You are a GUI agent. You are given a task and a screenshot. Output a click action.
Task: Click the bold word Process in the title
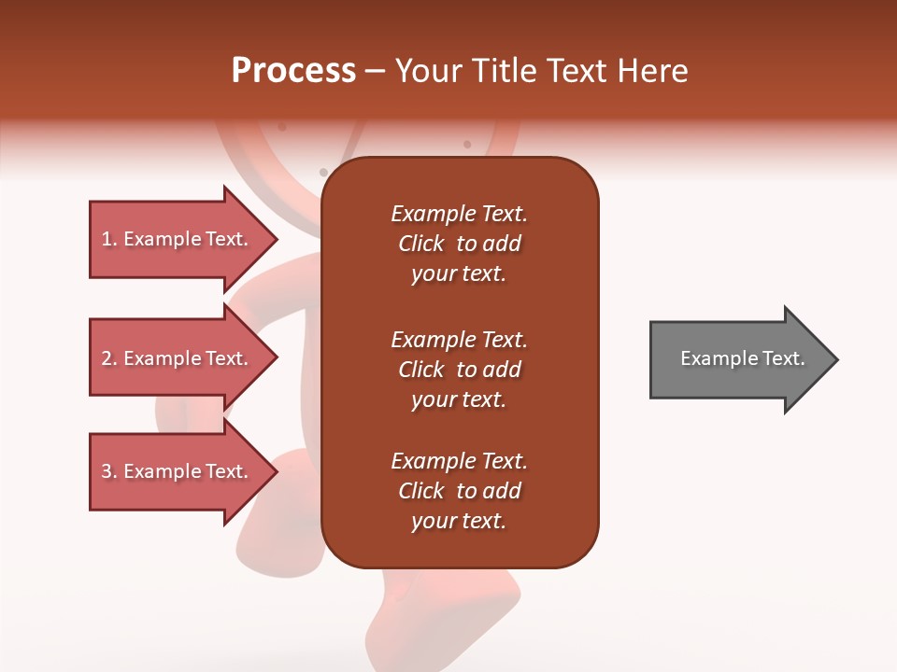click(x=293, y=71)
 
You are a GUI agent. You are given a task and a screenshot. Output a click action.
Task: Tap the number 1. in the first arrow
click(x=109, y=239)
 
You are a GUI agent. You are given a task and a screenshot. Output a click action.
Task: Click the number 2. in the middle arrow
click(x=109, y=358)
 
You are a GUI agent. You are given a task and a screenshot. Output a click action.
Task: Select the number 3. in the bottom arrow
click(x=109, y=471)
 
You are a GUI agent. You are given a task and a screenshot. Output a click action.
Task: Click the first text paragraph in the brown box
click(x=459, y=244)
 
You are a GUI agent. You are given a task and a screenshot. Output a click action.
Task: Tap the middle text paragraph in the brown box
click(x=459, y=370)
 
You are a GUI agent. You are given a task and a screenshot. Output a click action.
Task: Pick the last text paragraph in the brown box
click(x=459, y=491)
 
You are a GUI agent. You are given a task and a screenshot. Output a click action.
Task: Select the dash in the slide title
click(x=376, y=72)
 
